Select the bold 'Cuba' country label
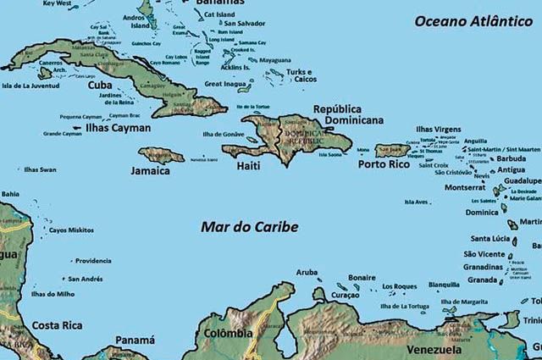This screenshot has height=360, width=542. pos(101,85)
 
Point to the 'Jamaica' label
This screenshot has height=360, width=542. pos(150,170)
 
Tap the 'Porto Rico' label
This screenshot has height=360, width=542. pos(383,164)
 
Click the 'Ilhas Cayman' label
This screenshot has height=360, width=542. pos(119,128)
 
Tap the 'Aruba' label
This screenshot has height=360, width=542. pos(307,272)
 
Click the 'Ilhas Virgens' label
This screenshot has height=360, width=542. pos(438,129)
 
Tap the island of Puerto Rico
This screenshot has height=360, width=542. pos(390,150)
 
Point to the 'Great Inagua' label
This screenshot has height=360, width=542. pos(224,84)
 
